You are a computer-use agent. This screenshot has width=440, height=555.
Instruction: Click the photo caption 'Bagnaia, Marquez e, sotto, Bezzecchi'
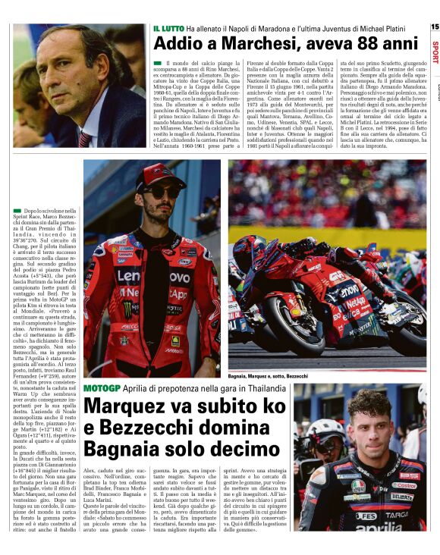tap(269, 376)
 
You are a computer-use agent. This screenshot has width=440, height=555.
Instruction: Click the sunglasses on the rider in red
tap(161, 193)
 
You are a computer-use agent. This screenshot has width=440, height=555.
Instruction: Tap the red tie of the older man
tap(83, 139)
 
